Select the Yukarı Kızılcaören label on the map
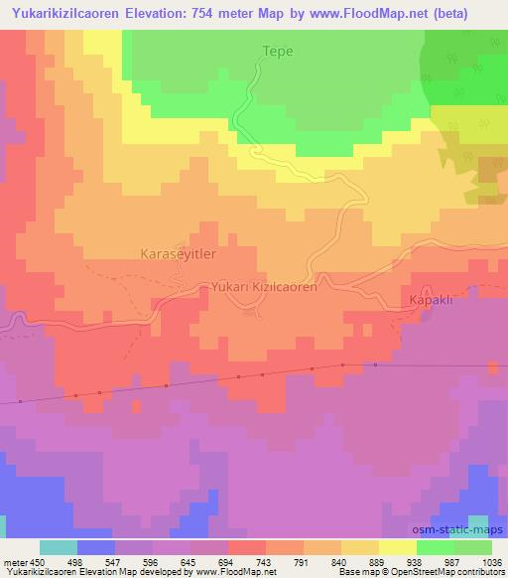(263, 286)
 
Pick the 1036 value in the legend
(492, 561)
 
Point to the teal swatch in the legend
(59, 547)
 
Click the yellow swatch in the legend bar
(398, 547)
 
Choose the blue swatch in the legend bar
(97, 547)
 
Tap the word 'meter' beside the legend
(14, 561)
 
